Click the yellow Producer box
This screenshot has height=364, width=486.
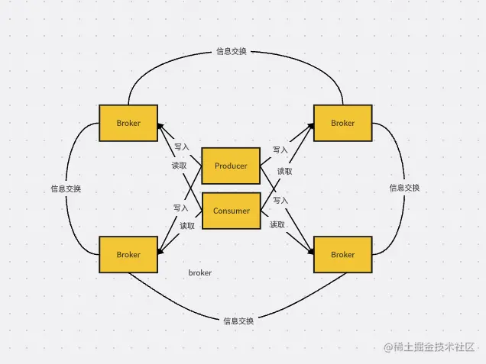pyautogui.click(x=230, y=166)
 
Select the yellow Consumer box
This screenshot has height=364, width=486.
pyautogui.click(x=230, y=211)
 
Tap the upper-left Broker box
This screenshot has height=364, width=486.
pyautogui.click(x=128, y=123)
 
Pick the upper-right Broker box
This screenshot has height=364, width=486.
pyautogui.click(x=343, y=123)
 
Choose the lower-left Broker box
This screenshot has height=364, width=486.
pyautogui.click(x=128, y=254)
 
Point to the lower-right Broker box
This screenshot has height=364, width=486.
pyautogui.click(x=343, y=254)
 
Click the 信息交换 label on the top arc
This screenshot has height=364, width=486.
pyautogui.click(x=232, y=53)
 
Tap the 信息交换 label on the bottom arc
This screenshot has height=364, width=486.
pyautogui.click(x=238, y=321)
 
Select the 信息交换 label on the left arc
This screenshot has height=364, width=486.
pyautogui.click(x=66, y=188)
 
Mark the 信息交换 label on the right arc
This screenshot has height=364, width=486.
pyautogui.click(x=404, y=188)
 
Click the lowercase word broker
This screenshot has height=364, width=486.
pyautogui.click(x=199, y=272)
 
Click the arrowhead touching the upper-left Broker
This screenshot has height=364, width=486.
pyautogui.click(x=160, y=127)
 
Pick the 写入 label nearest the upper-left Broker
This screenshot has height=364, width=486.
pyautogui.click(x=181, y=147)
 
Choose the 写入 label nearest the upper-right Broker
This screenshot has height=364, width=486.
pyautogui.click(x=280, y=150)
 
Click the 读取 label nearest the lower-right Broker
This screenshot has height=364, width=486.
pyautogui.click(x=277, y=224)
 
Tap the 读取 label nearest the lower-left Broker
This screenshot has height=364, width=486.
pyautogui.click(x=187, y=225)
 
